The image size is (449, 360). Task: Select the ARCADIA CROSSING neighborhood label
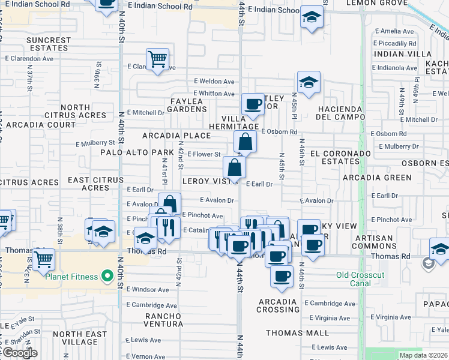(278, 305)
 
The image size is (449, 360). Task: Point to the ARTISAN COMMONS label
(391, 242)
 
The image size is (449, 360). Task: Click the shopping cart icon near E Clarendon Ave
(158, 60)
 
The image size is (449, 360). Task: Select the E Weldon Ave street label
(214, 82)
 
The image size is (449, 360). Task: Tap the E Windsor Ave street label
(148, 290)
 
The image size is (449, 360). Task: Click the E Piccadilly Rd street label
(394, 44)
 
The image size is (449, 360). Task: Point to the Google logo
(19, 353)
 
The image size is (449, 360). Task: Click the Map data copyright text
(423, 355)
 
